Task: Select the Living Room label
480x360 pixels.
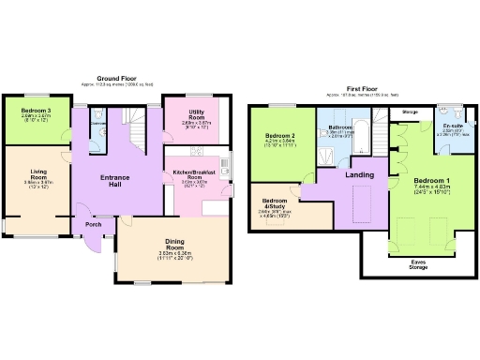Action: click(38, 175)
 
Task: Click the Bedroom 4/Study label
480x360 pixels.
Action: click(275, 204)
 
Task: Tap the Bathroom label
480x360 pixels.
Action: click(339, 127)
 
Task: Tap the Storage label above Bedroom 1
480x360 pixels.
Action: click(409, 111)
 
